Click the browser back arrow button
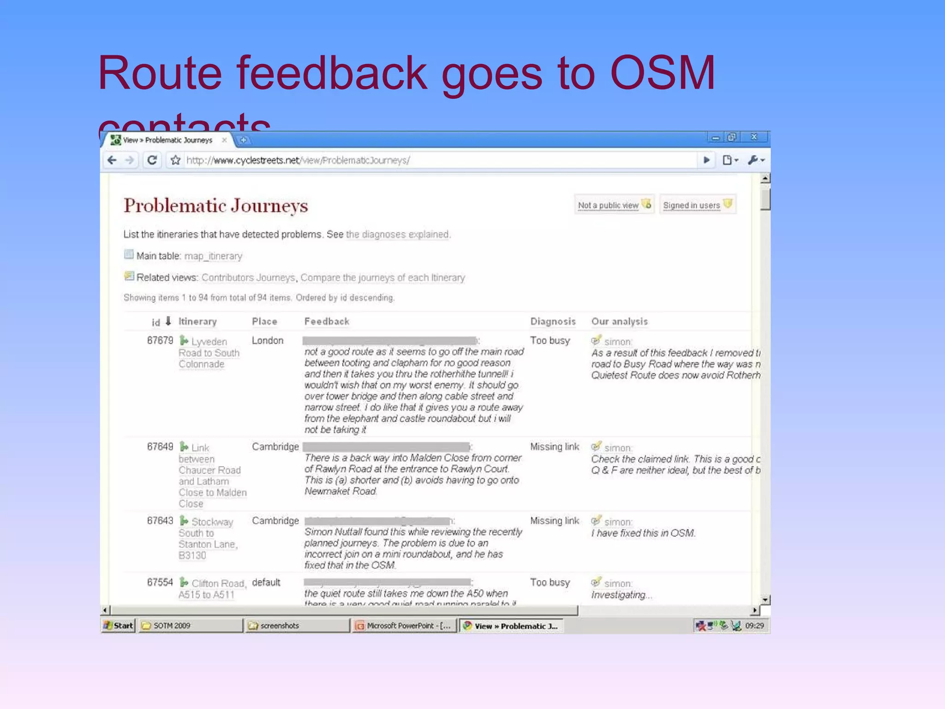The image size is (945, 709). click(112, 160)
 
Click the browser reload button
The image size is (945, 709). click(152, 160)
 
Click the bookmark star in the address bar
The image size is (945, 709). click(175, 160)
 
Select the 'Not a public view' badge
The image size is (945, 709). click(613, 205)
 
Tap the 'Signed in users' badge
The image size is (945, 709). click(696, 205)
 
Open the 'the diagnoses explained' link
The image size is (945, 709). click(397, 234)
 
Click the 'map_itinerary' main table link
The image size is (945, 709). click(213, 256)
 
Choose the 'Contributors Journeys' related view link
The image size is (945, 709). click(248, 277)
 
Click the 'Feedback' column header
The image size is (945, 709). click(327, 321)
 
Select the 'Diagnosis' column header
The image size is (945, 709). click(553, 321)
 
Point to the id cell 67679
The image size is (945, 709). click(160, 341)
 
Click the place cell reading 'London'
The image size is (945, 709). click(268, 341)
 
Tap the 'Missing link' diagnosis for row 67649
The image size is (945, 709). click(554, 447)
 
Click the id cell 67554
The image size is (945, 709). click(160, 583)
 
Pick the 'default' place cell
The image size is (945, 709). click(266, 583)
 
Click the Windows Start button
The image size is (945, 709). click(119, 625)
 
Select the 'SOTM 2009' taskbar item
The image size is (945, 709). click(190, 625)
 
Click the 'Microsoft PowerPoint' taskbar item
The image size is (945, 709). click(404, 625)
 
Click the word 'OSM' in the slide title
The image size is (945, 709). click(662, 73)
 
